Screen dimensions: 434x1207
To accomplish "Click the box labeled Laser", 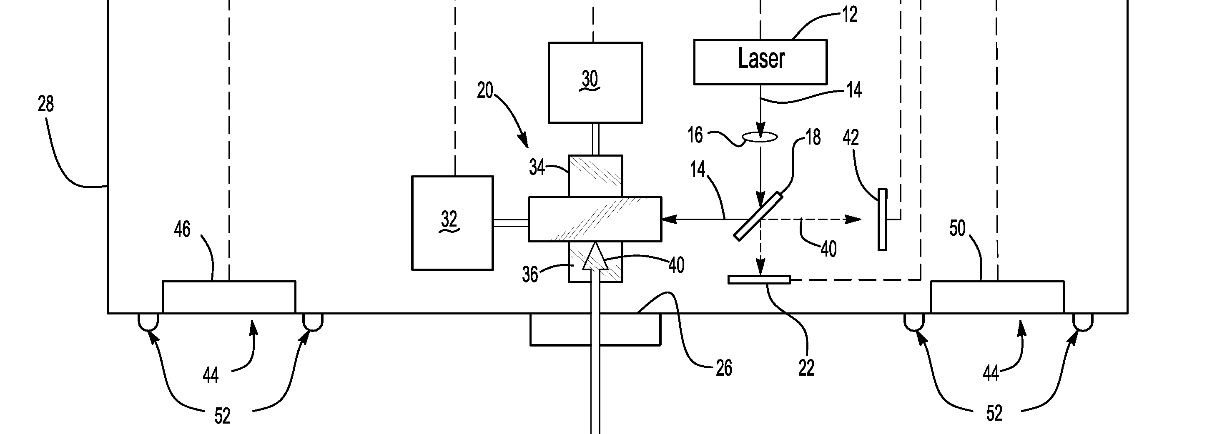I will (760, 62).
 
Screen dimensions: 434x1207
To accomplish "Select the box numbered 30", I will (595, 83).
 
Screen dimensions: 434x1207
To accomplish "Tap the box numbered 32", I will (452, 223).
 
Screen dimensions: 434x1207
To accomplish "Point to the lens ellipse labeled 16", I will (760, 137).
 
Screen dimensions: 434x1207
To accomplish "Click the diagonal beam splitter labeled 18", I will (758, 216).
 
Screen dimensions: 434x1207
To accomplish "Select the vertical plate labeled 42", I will (882, 219).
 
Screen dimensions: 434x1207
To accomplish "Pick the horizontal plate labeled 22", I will (758, 279).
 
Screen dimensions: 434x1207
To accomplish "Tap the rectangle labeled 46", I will (228, 297).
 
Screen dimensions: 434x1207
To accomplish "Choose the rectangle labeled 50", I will (997, 297).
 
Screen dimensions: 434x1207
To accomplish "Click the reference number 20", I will (485, 90).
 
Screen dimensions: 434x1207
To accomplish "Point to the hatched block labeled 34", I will (595, 176).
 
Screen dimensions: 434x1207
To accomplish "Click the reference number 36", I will (530, 274).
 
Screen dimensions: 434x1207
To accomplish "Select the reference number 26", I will (723, 369).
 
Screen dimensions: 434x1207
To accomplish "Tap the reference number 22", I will (806, 368).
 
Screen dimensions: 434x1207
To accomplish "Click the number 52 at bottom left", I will (223, 416).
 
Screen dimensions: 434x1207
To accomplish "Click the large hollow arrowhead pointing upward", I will (595, 257).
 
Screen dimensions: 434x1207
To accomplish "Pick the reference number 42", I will (851, 137).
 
